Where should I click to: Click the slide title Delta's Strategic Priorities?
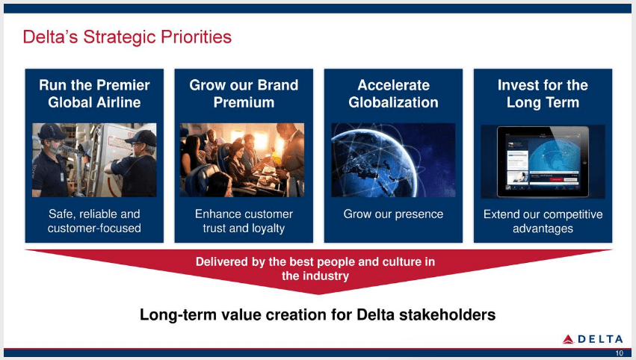[x=127, y=37]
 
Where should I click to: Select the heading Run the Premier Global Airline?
[x=94, y=93]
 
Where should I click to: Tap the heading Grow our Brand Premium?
[x=244, y=93]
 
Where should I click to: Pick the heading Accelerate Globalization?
[x=393, y=93]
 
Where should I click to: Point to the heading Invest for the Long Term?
[x=543, y=93]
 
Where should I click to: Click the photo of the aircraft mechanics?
[x=94, y=160]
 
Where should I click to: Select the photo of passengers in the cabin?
[x=244, y=160]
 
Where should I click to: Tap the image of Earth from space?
[x=393, y=160]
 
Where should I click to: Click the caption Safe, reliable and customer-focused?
[x=94, y=221]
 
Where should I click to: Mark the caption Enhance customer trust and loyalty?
[x=244, y=221]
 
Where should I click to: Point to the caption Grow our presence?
[x=393, y=214]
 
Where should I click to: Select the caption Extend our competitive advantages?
[x=543, y=221]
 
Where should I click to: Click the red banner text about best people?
[x=315, y=269]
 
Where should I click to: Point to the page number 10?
[x=619, y=353]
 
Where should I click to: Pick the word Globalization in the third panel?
[x=393, y=102]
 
